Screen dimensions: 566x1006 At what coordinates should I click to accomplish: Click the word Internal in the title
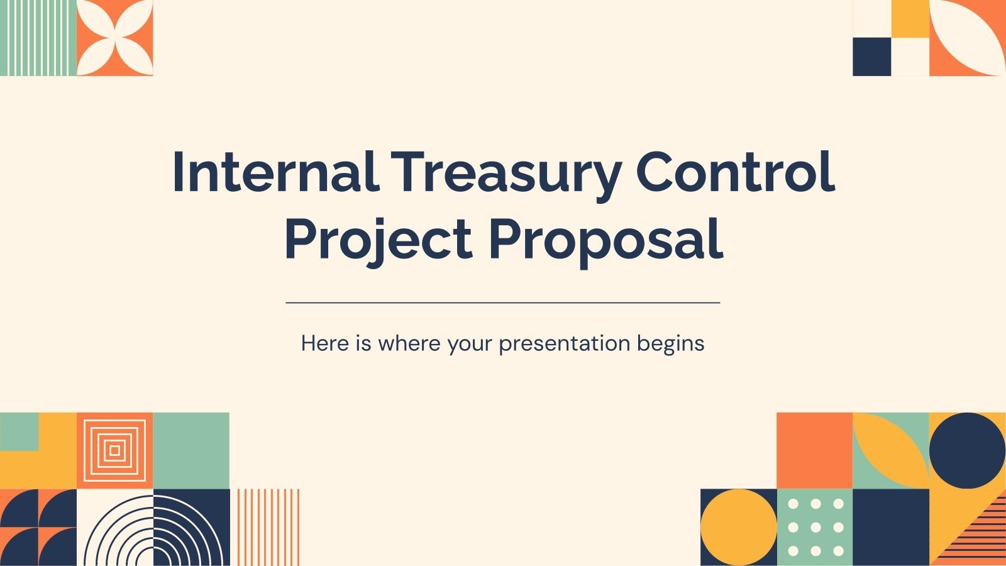(275, 172)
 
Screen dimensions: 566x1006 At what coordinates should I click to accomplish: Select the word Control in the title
(735, 172)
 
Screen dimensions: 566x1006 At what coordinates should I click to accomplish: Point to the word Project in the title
(378, 240)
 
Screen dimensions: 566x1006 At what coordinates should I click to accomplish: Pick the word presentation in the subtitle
(564, 344)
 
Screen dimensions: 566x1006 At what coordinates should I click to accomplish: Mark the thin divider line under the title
(503, 302)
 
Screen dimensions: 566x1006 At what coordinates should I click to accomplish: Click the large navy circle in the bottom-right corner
(967, 450)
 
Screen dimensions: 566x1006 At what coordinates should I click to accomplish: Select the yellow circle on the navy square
(739, 527)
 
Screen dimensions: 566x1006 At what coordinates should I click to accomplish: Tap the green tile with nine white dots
(815, 527)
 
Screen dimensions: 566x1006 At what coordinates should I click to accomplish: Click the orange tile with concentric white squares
(114, 450)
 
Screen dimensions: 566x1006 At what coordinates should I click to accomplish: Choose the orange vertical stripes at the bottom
(268, 527)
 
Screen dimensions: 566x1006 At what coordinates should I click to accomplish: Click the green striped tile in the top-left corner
(38, 38)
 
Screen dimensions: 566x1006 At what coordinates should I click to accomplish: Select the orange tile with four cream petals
(114, 38)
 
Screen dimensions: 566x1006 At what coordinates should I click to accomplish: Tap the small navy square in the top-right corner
(871, 57)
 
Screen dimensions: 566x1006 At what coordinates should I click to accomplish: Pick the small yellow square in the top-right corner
(910, 18)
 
